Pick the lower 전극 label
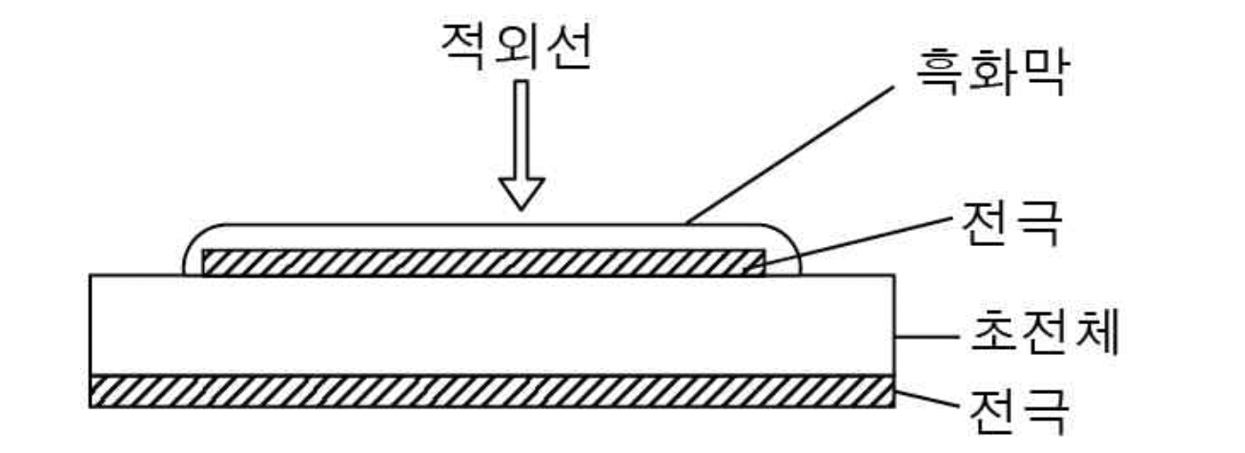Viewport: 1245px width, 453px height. (x=1016, y=412)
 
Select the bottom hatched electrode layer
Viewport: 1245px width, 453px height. (x=491, y=392)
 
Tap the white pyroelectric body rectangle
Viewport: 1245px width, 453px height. (x=491, y=325)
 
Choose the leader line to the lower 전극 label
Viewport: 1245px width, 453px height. (x=925, y=399)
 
